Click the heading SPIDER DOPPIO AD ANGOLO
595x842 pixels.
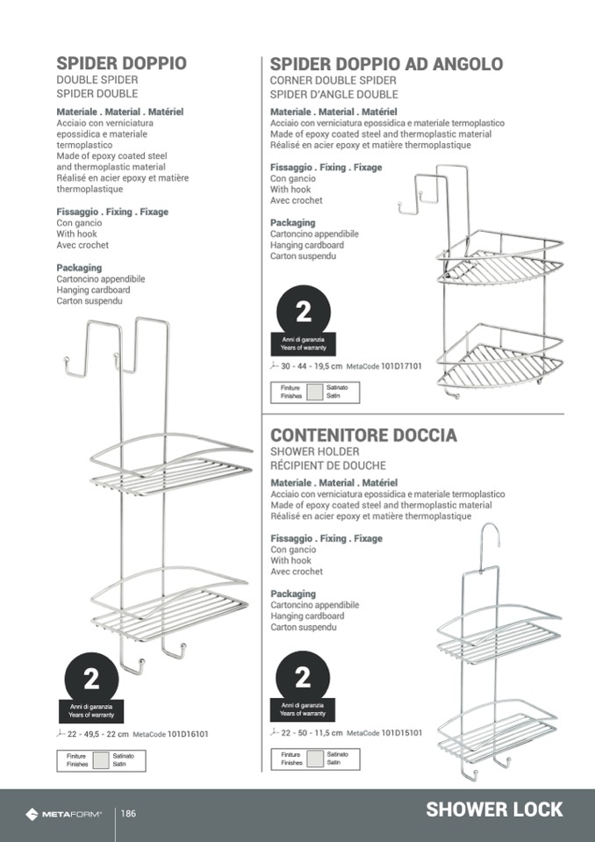386,64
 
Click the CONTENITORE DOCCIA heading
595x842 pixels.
364,435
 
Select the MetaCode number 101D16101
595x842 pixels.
188,734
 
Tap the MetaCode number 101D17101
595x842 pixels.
401,366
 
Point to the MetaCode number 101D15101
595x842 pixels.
402,732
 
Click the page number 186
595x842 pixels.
128,814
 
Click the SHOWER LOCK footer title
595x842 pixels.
494,810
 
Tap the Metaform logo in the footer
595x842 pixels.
63,815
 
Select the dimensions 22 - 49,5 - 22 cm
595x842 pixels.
98,734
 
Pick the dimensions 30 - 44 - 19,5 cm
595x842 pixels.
312,366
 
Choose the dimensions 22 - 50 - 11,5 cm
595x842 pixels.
312,732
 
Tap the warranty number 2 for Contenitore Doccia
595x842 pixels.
303,678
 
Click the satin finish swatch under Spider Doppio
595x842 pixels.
101,760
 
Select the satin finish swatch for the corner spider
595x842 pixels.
315,392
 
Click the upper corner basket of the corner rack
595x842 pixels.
500,259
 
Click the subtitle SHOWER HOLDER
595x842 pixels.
315,451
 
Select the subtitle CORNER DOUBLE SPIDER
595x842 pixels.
333,81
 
